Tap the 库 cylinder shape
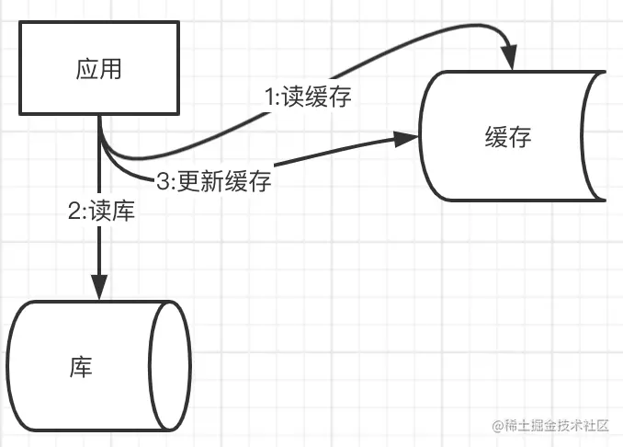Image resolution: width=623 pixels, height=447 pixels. pos(96,366)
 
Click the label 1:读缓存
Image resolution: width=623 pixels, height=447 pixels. pos(307,98)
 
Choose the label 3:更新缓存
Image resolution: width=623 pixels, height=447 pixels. pos(214,181)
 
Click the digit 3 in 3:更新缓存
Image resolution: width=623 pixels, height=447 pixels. pos(163,182)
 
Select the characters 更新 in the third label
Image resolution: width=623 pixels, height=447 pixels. pos(202,182)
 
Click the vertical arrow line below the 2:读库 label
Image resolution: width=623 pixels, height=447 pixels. pos(98,248)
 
